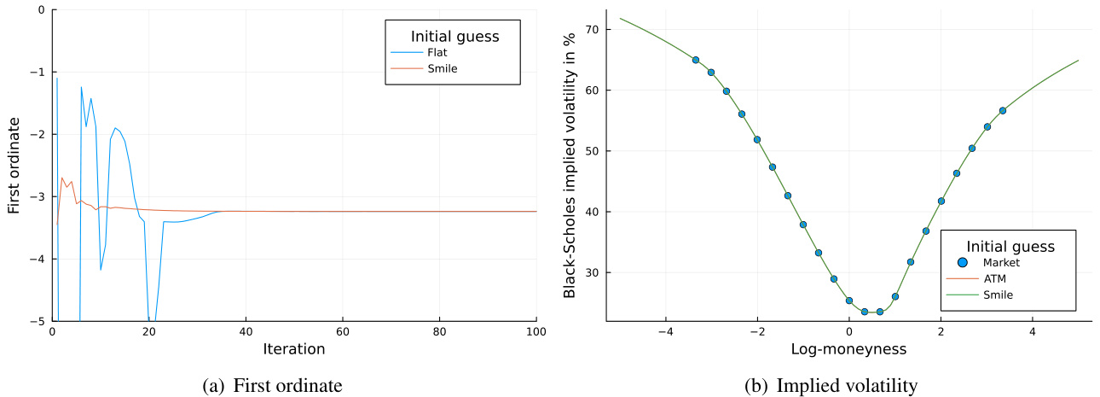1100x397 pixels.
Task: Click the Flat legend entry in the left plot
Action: [439, 52]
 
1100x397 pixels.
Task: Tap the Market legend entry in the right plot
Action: [1001, 262]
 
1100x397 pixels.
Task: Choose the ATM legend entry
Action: [994, 278]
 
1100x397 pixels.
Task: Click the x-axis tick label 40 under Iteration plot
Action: [246, 331]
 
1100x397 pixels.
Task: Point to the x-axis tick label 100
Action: [536, 331]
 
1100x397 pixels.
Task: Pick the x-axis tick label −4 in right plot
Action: [665, 331]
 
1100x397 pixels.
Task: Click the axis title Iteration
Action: [293, 349]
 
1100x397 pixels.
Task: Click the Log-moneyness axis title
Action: [848, 349]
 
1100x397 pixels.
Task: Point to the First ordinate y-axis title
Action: [14, 166]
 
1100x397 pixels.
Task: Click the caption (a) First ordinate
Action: [273, 386]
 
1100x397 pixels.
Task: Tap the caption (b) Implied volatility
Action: [831, 386]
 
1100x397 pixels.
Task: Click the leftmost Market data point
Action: [696, 60]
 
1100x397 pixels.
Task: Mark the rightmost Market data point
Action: [1003, 110]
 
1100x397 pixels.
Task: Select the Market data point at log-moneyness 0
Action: [849, 301]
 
